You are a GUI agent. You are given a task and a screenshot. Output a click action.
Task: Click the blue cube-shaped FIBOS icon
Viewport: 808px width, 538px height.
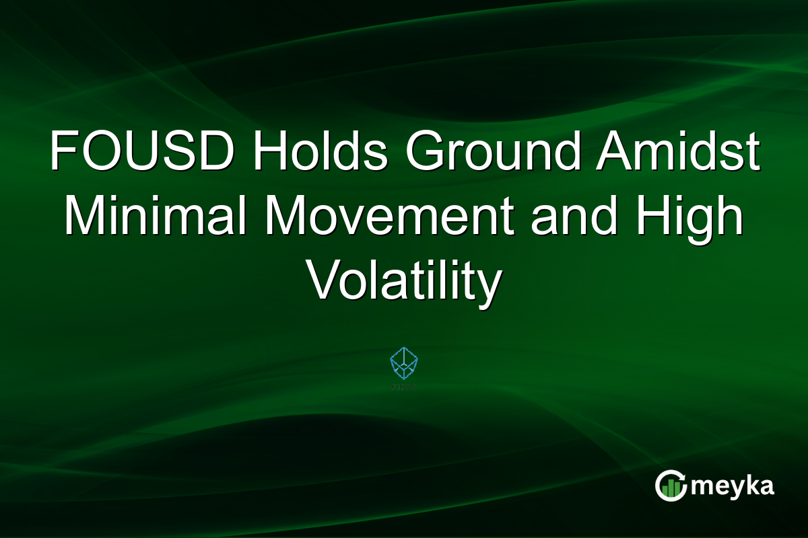click(x=404, y=363)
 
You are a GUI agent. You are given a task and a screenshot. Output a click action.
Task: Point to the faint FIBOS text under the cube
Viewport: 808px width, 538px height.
click(x=404, y=387)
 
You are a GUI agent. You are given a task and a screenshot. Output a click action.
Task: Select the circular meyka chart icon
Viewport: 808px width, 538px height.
click(x=671, y=486)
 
